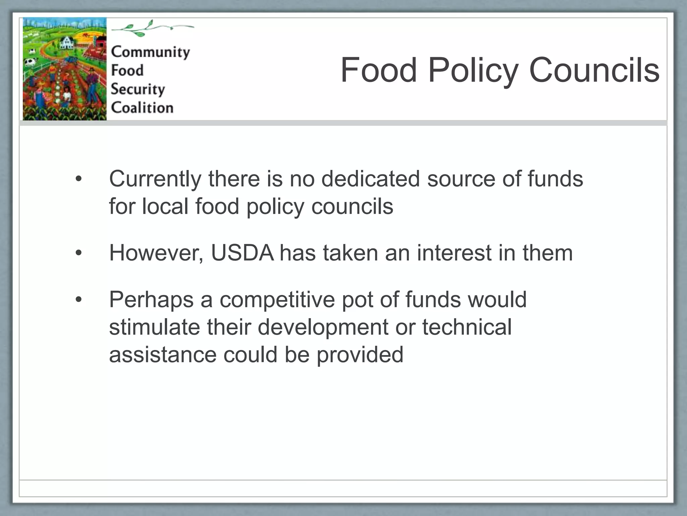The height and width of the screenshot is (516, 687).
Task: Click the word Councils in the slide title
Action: coord(594,70)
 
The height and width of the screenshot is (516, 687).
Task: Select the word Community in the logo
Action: coord(150,52)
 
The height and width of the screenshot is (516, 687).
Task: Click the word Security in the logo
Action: coord(138,89)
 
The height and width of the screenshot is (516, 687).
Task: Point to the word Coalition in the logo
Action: coord(142,108)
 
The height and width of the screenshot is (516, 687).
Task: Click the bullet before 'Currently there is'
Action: coord(78,179)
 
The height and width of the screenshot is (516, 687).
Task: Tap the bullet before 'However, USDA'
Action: coord(78,253)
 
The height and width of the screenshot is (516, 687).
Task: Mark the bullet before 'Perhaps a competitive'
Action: coord(78,299)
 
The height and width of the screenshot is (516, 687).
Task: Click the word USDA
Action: coord(242,253)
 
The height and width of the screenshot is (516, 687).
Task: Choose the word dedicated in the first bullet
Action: coord(370,178)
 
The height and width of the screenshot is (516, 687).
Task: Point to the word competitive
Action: coord(277,299)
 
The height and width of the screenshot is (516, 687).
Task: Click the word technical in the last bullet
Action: coord(467,327)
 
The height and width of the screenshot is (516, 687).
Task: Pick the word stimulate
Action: coord(154,327)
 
